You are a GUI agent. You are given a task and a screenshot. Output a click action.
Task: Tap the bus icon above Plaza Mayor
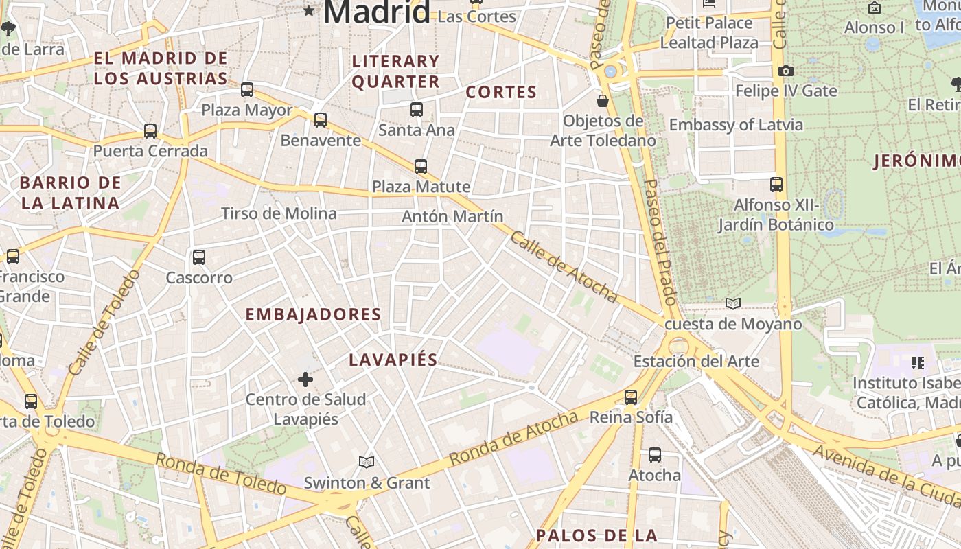click(247, 90)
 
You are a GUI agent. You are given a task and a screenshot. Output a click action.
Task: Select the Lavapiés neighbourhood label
click(393, 360)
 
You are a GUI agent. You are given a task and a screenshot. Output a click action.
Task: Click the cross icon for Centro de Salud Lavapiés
click(305, 379)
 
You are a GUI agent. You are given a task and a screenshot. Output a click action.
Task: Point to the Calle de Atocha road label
click(564, 267)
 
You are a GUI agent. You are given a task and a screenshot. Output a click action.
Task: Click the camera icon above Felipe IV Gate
click(786, 71)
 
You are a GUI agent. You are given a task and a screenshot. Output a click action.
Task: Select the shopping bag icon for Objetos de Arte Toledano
click(603, 101)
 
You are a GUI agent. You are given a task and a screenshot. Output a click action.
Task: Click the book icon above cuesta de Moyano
click(733, 303)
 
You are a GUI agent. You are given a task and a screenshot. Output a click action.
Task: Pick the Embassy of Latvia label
click(736, 125)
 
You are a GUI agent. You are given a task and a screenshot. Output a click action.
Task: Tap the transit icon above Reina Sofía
click(631, 397)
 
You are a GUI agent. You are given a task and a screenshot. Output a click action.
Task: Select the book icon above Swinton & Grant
click(367, 462)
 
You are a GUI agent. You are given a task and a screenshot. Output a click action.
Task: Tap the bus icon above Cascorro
click(199, 257)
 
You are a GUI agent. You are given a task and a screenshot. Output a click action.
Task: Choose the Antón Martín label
click(452, 216)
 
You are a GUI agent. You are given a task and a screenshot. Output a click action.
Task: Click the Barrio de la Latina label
click(70, 193)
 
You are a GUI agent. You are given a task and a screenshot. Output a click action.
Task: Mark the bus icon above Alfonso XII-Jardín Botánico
click(776, 185)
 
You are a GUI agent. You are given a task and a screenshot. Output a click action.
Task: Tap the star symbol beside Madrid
click(310, 10)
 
